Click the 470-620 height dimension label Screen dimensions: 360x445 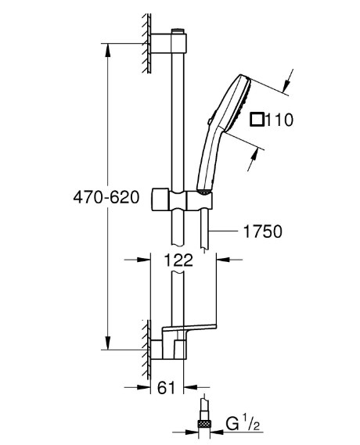coord(106,197)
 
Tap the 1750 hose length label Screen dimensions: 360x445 coord(263,231)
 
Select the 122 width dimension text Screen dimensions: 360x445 coord(178,260)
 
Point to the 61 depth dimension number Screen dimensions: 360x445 coord(166,387)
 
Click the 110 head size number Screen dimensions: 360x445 coord(279,120)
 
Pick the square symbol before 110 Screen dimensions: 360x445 coord(257,120)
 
